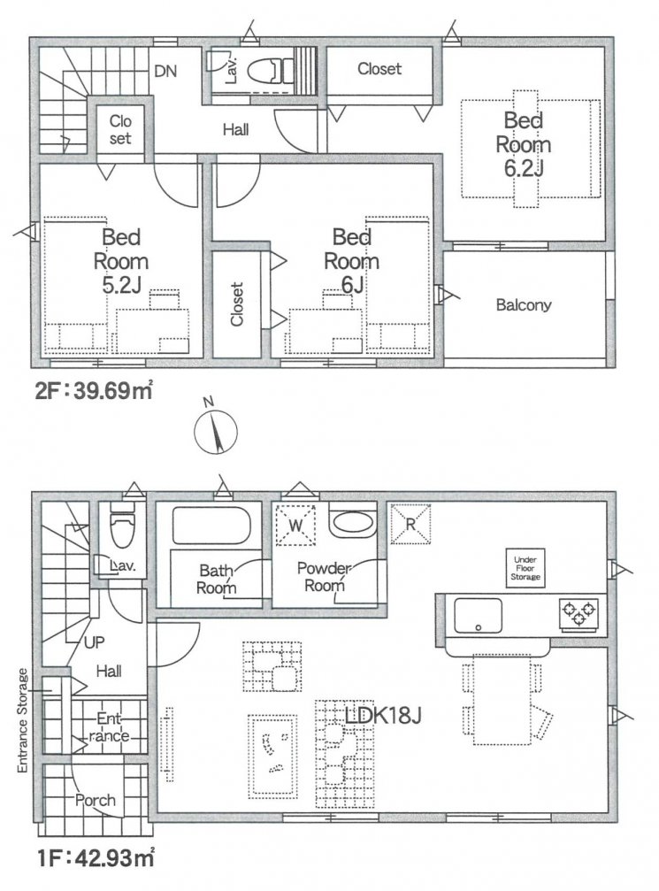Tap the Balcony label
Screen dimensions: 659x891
coord(524,305)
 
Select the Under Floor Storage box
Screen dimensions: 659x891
coord(525,568)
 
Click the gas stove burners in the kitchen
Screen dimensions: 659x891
coord(579,612)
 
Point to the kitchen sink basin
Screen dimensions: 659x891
coord(477,615)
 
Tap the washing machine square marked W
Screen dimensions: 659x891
coord(295,525)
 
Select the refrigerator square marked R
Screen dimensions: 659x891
coord(410,524)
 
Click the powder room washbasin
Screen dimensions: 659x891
coord(352,522)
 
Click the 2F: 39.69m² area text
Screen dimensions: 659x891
coord(94,391)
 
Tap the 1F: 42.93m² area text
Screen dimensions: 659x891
coord(96,856)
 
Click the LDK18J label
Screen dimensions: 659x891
coord(383,716)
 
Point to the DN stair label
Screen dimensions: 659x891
coord(166,71)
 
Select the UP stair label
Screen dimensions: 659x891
coord(95,642)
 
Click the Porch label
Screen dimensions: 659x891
coord(96,800)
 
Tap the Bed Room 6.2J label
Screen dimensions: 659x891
coord(524,144)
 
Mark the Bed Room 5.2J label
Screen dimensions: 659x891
coord(121,261)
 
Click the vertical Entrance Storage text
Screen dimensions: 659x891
coord(23,720)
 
